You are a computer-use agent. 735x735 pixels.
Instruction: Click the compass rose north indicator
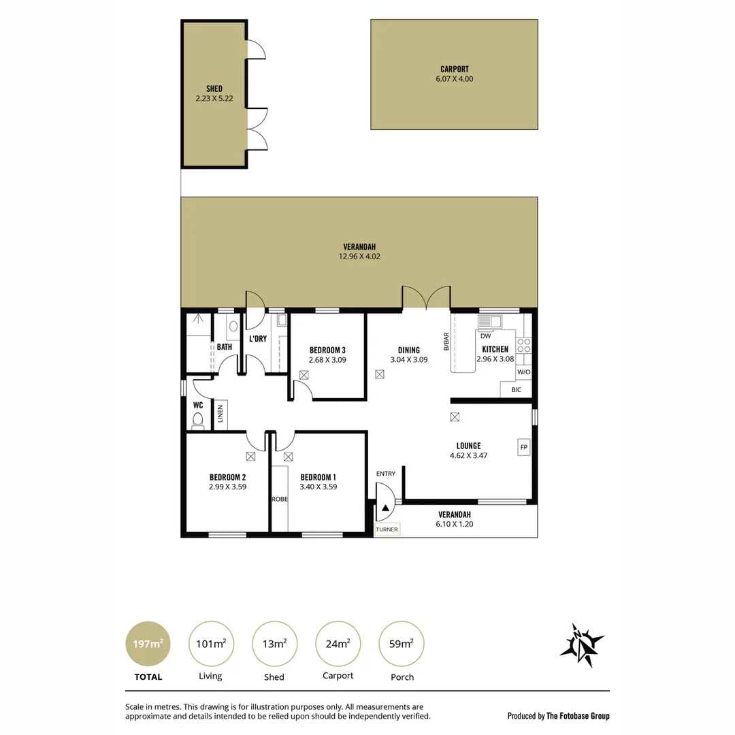coord(582,643)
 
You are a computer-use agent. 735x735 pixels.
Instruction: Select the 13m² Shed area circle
coord(274,643)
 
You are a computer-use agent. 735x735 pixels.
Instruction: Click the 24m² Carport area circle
coord(338,643)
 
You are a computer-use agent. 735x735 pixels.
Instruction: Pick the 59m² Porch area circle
coord(402,643)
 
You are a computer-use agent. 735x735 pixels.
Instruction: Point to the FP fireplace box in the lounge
coord(524,447)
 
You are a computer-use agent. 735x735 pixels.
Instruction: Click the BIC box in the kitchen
coord(515,390)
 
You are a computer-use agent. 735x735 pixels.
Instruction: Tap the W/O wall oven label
coord(523,372)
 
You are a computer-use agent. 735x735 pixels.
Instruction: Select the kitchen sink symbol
coord(490,321)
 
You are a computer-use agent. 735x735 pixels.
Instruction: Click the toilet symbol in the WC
coord(197,421)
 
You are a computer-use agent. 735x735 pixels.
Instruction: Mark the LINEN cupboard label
coord(220,414)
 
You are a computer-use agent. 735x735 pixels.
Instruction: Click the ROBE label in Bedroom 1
coord(279,499)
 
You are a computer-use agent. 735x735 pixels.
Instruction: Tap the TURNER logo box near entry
coord(387,529)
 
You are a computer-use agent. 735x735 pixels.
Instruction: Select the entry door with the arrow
coord(385,502)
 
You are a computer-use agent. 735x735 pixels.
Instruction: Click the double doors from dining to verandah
coord(426,298)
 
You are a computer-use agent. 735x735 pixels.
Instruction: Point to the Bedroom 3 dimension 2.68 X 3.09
coord(327,360)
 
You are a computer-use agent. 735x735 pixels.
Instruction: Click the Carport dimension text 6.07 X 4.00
coord(454,79)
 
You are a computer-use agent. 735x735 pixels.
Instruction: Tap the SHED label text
coord(214,88)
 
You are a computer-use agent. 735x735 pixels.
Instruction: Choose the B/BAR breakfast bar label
coord(446,342)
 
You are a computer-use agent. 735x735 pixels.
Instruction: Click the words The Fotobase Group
coord(576,716)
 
